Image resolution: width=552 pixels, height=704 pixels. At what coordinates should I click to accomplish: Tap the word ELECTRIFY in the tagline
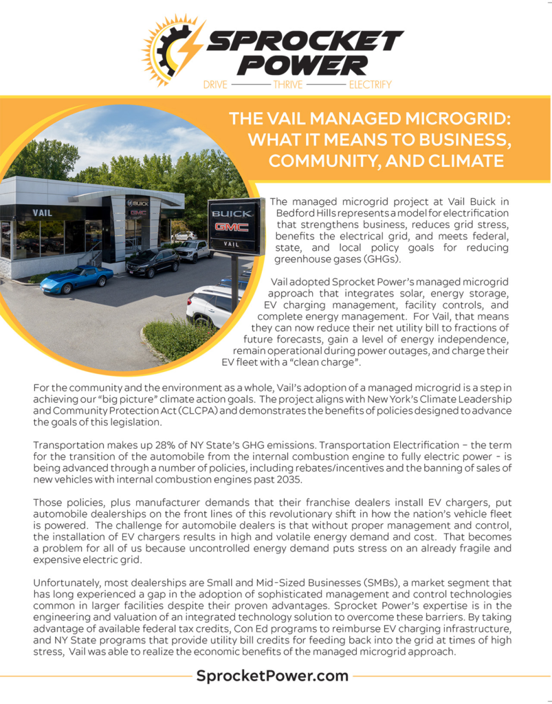(x=370, y=85)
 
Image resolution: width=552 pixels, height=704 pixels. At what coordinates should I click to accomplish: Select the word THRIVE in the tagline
(x=289, y=85)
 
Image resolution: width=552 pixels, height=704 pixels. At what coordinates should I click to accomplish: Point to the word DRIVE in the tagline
(x=215, y=85)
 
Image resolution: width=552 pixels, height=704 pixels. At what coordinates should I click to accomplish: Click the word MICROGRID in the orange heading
(x=451, y=118)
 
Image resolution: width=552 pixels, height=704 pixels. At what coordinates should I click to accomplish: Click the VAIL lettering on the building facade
(x=43, y=213)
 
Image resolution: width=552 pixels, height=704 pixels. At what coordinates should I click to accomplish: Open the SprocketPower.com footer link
(x=272, y=676)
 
